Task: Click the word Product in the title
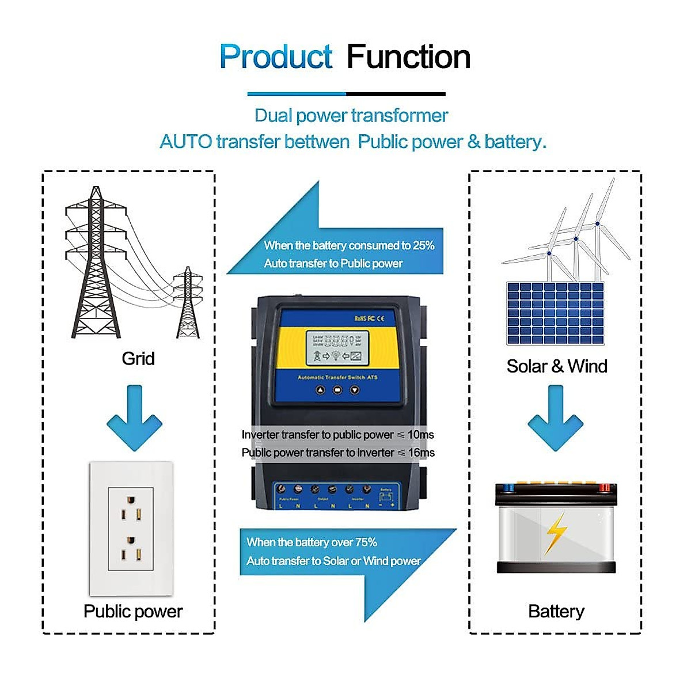pos(276,57)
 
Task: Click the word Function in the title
pos(408,57)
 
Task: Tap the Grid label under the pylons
pos(138,359)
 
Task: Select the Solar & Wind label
pos(556,366)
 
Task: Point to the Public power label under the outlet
pos(132,611)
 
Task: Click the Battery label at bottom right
pos(556,611)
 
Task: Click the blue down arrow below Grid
pos(134,419)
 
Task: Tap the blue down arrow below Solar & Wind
pos(556,419)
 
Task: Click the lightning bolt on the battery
pos(556,533)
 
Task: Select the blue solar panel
pos(555,313)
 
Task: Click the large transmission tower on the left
pos(96,265)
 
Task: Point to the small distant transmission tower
pos(188,303)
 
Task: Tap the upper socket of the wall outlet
pos(131,506)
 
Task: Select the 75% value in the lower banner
pos(366,542)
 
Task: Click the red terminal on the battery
pos(604,488)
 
